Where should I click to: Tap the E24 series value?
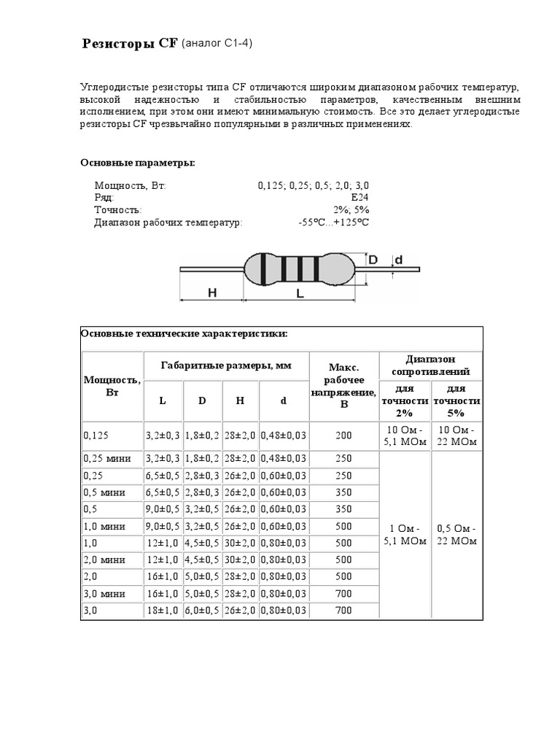coord(359,197)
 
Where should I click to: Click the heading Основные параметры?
coord(137,162)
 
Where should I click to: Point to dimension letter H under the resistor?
coord(212,293)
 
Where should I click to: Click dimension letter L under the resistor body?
coord(300,293)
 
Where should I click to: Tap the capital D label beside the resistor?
coord(372,260)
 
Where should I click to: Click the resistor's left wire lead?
coord(211,270)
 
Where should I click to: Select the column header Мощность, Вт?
coord(112,385)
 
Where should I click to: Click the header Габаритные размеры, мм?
coord(225,365)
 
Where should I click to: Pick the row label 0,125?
coord(96,436)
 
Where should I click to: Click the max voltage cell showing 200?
coord(343,436)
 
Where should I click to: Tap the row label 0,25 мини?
coord(106,459)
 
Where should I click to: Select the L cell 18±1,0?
coord(165,611)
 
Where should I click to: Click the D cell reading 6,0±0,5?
coord(203,611)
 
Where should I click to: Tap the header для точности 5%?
coord(456,400)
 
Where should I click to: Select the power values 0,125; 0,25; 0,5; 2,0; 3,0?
coord(313,185)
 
